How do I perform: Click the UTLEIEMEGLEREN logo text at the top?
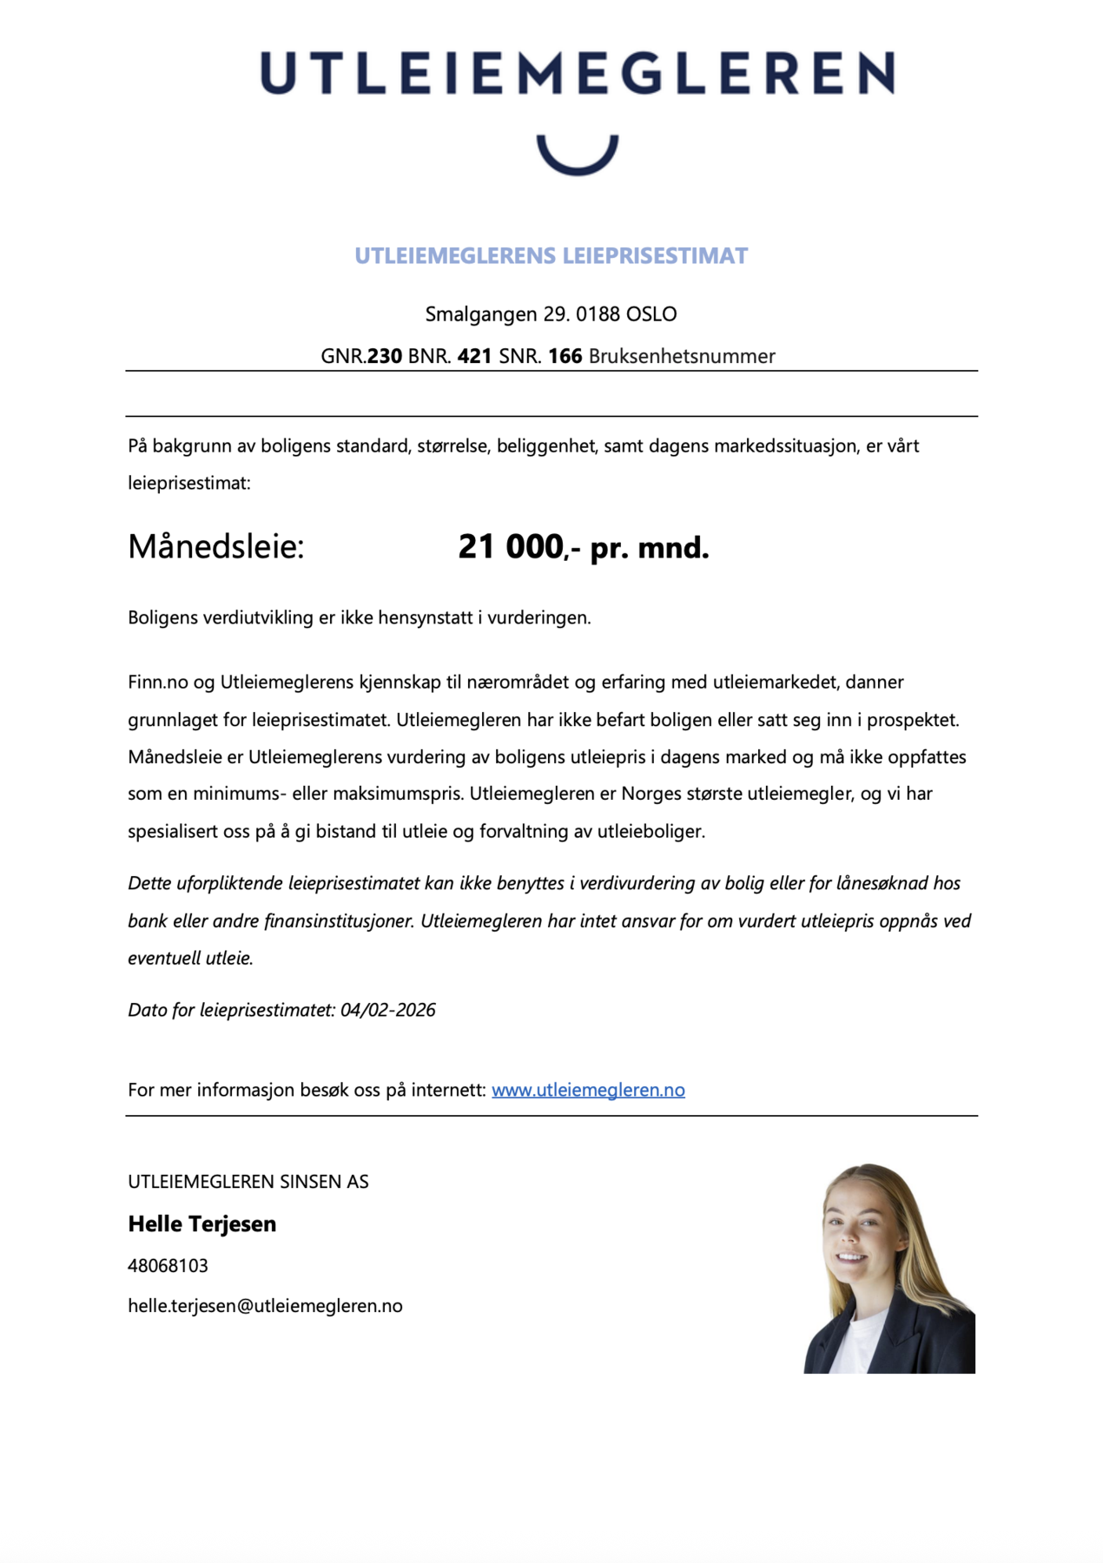(x=577, y=73)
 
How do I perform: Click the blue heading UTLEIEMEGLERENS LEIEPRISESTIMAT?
(x=551, y=256)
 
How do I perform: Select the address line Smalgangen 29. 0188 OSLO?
(x=551, y=314)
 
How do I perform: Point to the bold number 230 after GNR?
(x=385, y=356)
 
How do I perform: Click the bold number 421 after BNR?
(x=474, y=356)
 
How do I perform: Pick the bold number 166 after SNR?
(x=565, y=356)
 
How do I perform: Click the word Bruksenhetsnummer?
(x=682, y=356)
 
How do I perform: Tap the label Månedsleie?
(x=216, y=547)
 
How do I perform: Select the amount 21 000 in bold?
(x=511, y=547)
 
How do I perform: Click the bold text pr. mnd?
(x=649, y=548)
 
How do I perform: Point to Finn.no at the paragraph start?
(x=158, y=683)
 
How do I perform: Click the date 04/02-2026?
(x=387, y=1010)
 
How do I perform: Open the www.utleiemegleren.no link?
(x=588, y=1090)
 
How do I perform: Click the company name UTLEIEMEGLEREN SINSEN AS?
(x=248, y=1182)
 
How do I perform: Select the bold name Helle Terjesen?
(x=201, y=1224)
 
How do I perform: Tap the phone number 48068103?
(x=168, y=1266)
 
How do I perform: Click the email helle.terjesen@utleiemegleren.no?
(x=265, y=1306)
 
